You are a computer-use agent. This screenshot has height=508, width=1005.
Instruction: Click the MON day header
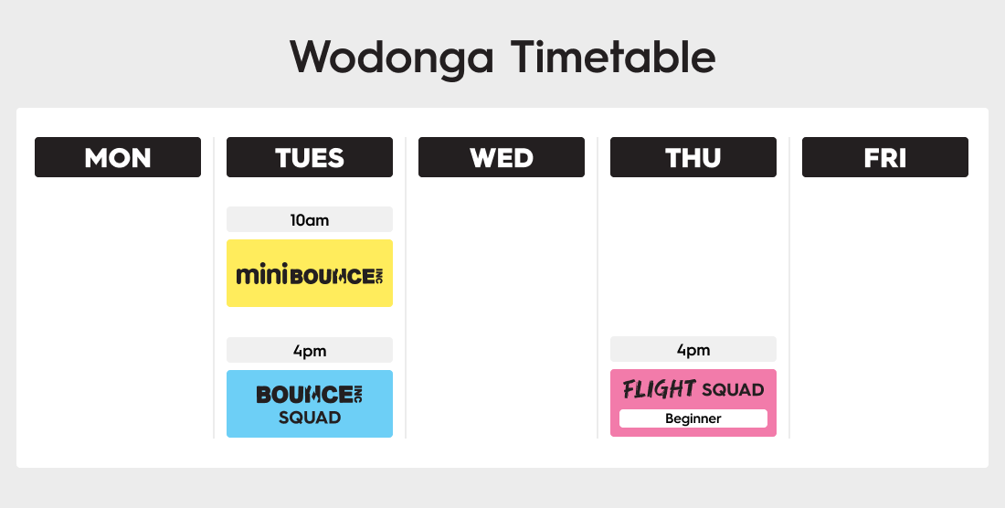point(118,157)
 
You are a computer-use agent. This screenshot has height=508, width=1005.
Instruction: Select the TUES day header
point(310,157)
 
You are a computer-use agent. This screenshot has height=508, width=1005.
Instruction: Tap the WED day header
point(502,157)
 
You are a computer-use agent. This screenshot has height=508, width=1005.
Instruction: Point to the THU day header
point(693,157)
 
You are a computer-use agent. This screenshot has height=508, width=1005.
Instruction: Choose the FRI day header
point(885,157)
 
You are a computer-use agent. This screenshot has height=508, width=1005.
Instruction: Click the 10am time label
point(310,219)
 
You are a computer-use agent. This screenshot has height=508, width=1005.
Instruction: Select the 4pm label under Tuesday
point(310,351)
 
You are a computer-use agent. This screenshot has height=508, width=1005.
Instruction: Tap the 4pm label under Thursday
point(693,350)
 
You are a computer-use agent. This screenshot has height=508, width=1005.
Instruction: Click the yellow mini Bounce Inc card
point(310,273)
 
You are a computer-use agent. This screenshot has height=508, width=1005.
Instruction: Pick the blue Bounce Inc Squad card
point(310,404)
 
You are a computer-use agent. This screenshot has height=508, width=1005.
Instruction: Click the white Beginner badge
point(693,418)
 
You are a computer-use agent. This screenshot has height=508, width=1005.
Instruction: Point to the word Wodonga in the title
point(392,58)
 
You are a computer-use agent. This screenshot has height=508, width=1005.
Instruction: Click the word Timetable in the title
point(613,57)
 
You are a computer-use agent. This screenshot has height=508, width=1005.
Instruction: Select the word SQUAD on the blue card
point(310,418)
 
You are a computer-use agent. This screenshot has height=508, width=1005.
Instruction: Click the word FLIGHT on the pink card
point(660,389)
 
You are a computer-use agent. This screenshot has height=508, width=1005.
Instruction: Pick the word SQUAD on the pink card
point(733,389)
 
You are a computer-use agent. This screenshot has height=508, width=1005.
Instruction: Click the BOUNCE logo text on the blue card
point(304,395)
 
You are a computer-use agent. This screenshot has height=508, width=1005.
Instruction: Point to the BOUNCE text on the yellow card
point(333,277)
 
